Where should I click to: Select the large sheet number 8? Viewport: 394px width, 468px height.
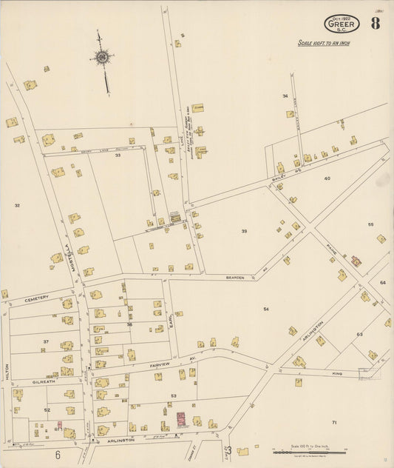376,23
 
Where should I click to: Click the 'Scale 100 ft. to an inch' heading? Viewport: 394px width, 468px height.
324,44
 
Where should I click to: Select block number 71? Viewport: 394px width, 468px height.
333,421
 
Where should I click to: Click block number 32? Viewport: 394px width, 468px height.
17,205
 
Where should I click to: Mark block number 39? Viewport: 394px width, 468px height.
244,232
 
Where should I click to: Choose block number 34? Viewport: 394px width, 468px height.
285,96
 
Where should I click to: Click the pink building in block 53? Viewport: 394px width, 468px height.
180,421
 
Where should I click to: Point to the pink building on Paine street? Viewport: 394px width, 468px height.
356,261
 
